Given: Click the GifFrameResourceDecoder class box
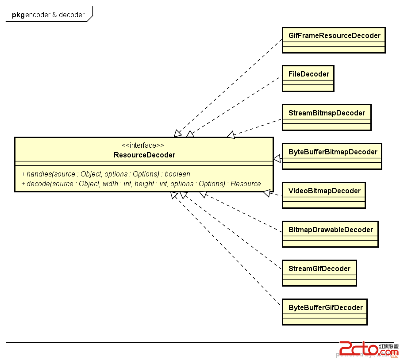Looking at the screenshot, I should [x=334, y=40].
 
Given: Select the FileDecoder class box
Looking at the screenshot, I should [x=308, y=79].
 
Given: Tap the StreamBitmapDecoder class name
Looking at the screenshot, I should [x=327, y=113].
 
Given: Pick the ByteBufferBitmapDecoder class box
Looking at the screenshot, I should [x=332, y=157].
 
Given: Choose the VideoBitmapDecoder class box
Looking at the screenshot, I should [x=324, y=195].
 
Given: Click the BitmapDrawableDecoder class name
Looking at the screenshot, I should [x=331, y=230].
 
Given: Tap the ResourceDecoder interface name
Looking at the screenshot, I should [x=144, y=155].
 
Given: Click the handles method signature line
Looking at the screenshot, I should [x=106, y=174].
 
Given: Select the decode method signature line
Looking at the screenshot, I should [x=141, y=184].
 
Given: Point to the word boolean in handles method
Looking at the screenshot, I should [x=177, y=174].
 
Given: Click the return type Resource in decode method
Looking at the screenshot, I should [x=246, y=184].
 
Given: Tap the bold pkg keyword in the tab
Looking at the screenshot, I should [x=18, y=15].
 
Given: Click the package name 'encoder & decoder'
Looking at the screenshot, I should [x=55, y=15].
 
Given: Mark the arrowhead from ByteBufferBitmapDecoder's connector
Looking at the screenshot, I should [x=277, y=158].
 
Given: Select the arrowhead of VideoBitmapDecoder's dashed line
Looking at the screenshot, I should [x=267, y=193].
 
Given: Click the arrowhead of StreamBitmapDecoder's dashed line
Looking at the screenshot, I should [x=231, y=134].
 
